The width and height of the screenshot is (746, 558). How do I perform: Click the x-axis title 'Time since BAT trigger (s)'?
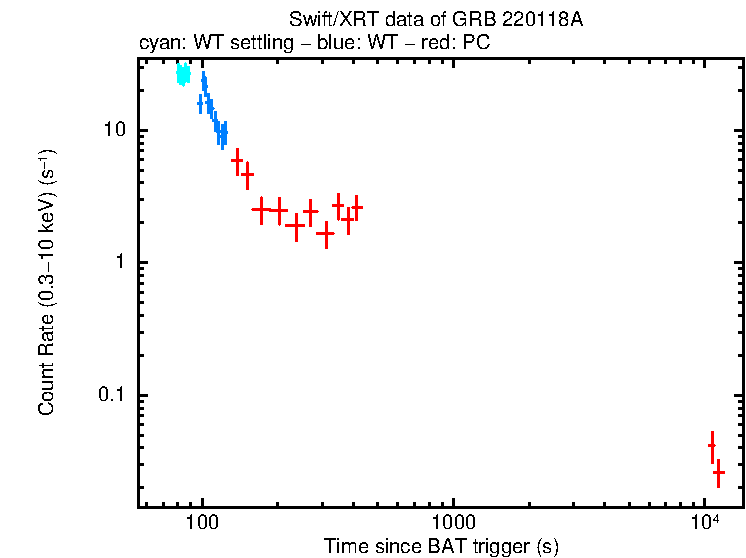[x=441, y=546]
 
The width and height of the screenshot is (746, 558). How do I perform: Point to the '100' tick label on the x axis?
[x=202, y=523]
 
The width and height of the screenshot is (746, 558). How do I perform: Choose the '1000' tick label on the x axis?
[x=453, y=523]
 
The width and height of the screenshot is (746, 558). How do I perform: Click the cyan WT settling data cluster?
[x=183, y=74]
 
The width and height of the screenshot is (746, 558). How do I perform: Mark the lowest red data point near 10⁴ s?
[x=718, y=472]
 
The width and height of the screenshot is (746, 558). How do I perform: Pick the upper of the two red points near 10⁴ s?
[x=712, y=446]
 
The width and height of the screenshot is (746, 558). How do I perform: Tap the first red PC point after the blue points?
[x=237, y=160]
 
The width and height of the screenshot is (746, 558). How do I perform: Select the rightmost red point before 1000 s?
[x=357, y=207]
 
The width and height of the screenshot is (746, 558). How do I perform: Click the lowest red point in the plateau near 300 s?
[x=325, y=233]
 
